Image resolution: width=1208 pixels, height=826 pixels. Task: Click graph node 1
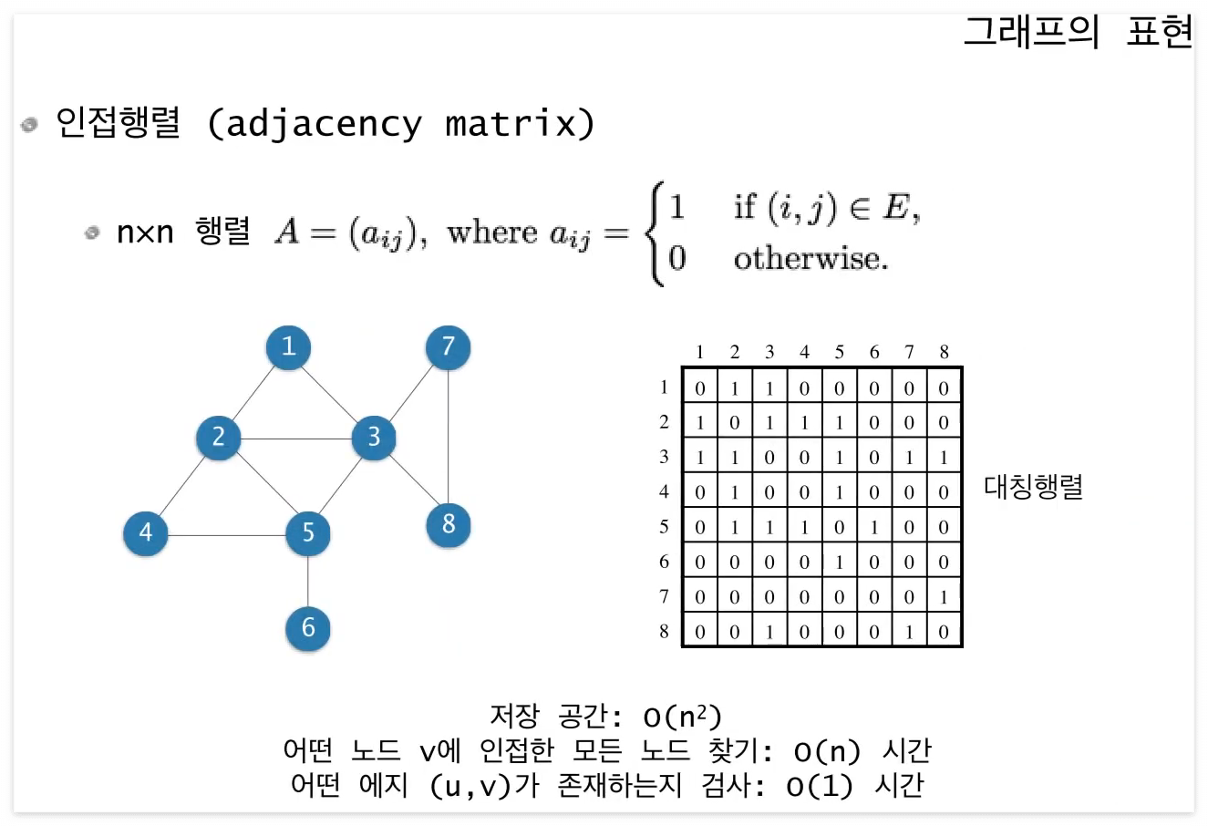point(288,346)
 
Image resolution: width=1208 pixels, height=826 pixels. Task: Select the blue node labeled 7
point(448,347)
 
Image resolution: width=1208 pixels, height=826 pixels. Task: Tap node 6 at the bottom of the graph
point(308,627)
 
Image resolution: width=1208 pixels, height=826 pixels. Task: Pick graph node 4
point(146,532)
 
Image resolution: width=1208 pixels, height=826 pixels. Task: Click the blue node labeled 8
point(448,524)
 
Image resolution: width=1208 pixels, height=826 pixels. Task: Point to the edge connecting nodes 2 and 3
point(294,439)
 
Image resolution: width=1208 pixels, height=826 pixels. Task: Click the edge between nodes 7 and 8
point(448,436)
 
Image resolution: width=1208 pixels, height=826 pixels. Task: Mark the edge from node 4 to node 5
point(227,533)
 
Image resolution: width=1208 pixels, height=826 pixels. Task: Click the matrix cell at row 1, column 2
point(735,388)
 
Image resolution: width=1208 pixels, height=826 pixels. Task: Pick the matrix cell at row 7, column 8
point(944,597)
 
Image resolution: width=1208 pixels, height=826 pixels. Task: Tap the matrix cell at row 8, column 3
point(769,632)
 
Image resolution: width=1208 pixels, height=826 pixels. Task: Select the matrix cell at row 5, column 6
point(874,528)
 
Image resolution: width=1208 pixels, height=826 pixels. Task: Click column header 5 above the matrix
point(839,352)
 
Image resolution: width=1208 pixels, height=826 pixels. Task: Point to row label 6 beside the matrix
point(664,562)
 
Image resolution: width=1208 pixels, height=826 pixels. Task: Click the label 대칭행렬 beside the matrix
point(1033,486)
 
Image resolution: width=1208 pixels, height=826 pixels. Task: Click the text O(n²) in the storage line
point(668,718)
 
